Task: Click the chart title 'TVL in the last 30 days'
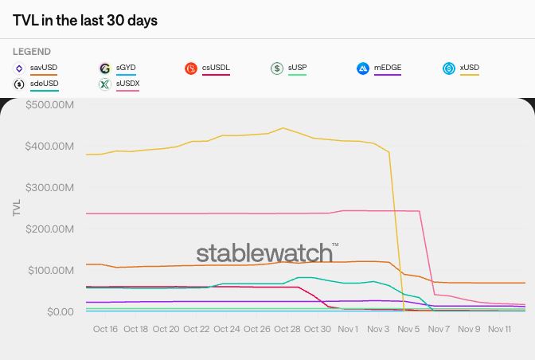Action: tap(85, 21)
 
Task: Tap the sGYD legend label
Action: tap(126, 68)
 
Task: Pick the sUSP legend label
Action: tap(297, 68)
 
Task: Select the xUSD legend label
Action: tap(470, 68)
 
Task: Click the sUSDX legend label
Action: tap(127, 84)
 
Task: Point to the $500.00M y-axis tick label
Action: tap(50, 105)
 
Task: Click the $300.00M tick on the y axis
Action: tap(50, 188)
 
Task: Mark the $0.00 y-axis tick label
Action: tap(61, 312)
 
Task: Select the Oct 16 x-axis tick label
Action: tap(105, 329)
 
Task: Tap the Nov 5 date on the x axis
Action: tap(408, 329)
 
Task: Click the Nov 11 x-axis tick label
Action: tap(499, 329)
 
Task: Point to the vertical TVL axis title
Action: tap(17, 207)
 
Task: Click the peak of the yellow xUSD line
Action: tap(283, 128)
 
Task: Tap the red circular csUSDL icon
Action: tap(191, 68)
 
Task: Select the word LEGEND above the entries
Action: tap(32, 52)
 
